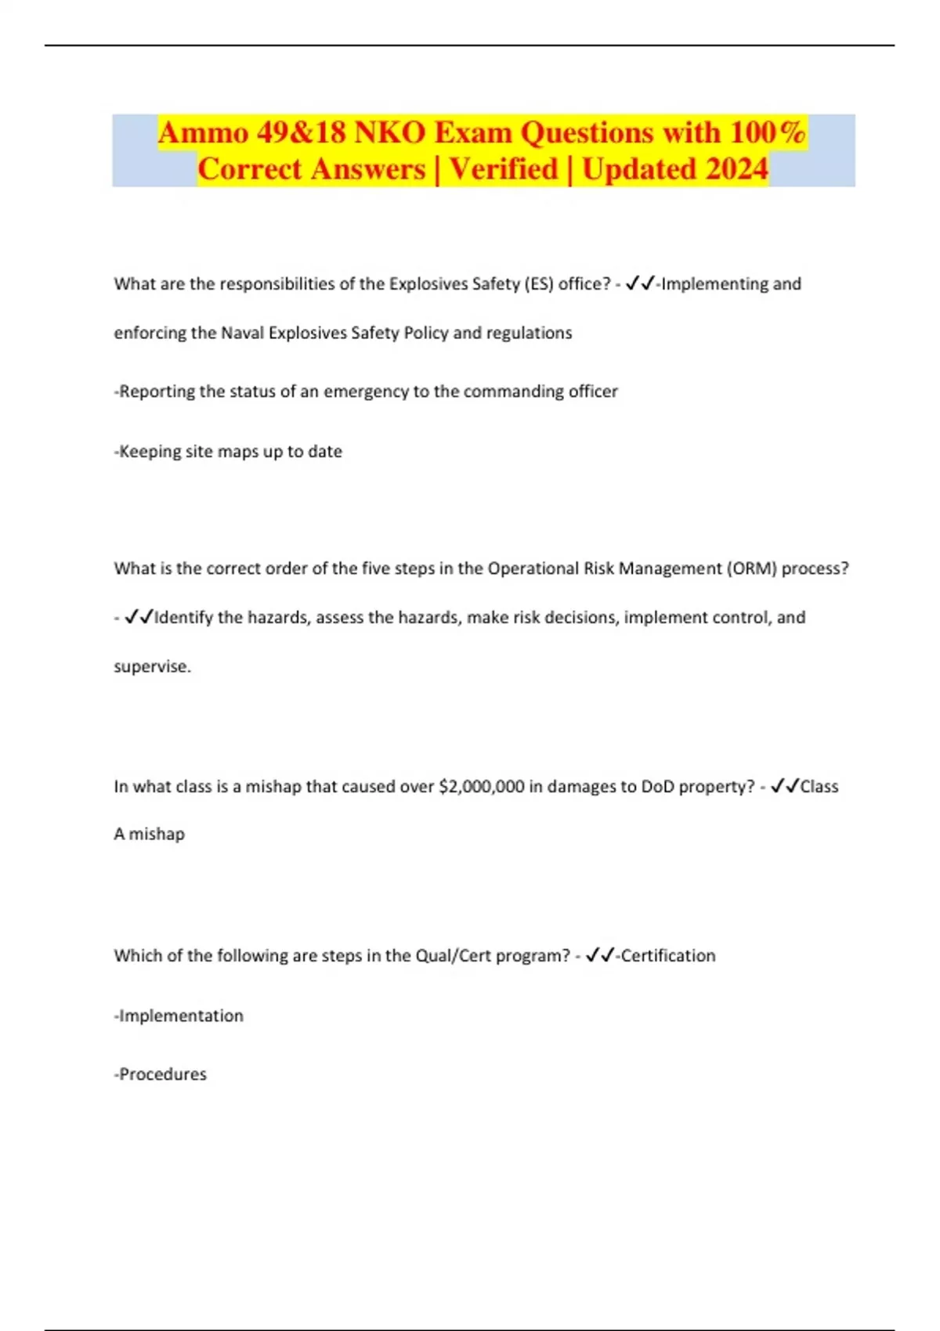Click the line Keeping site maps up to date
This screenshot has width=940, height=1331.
click(229, 452)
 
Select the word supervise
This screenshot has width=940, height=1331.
click(151, 667)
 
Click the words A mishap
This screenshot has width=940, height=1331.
click(149, 835)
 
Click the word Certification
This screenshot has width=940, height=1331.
click(667, 956)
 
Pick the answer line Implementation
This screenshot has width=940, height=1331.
click(179, 1016)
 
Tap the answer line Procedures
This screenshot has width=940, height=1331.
click(161, 1075)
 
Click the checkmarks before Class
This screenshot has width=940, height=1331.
click(784, 787)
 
